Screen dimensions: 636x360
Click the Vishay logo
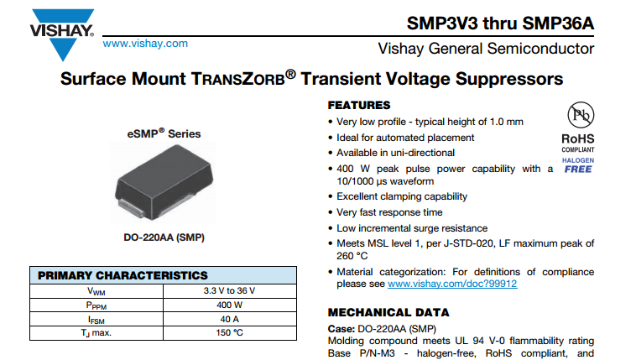point(62,34)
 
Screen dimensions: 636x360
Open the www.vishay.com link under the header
point(145,44)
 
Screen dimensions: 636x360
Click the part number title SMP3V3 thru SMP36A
point(500,23)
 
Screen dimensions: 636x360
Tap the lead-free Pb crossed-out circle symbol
point(581,115)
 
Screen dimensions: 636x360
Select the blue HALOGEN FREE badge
point(578,165)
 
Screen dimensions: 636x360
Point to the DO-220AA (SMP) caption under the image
point(164,237)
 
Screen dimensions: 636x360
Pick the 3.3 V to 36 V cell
point(230,290)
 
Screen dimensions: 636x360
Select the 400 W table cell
point(230,305)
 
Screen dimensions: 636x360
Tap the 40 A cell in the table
point(230,319)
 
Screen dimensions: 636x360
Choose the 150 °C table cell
point(230,333)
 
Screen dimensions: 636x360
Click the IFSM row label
point(96,320)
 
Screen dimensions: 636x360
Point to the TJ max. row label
point(96,333)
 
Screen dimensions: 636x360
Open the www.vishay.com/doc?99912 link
point(452,284)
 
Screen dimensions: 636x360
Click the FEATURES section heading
point(359,106)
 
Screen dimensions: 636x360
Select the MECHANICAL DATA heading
point(388,312)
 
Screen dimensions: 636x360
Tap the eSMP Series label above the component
point(164,133)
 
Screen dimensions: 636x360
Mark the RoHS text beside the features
point(578,138)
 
